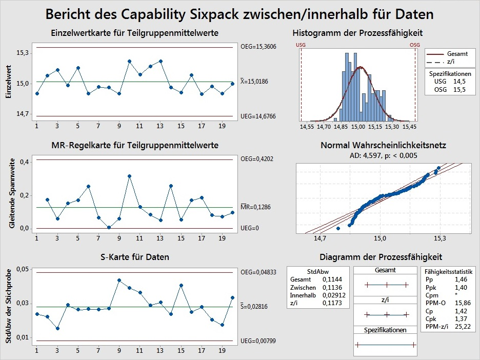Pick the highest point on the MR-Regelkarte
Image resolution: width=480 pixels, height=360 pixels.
tap(130, 176)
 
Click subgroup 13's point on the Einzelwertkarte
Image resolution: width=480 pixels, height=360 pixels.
tap(161, 61)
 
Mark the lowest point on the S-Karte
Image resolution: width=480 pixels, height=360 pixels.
tap(57, 328)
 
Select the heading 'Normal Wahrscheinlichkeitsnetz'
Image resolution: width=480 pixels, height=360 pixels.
tap(384, 146)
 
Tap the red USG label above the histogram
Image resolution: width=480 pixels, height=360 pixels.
tap(301, 45)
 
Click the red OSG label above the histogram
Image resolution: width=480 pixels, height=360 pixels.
tap(415, 45)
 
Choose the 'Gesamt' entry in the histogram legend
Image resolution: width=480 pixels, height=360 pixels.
tap(457, 54)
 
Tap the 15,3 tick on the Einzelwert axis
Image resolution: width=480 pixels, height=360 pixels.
tap(23, 53)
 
